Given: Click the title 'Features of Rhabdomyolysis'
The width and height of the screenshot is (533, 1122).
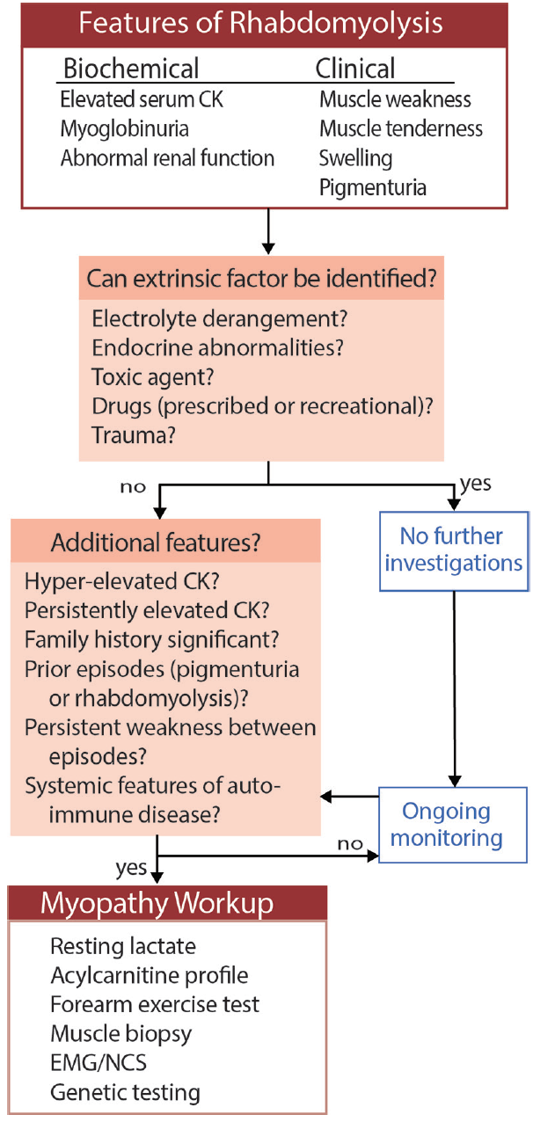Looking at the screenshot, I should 264,22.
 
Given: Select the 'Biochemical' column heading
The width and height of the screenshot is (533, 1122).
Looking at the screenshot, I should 131,69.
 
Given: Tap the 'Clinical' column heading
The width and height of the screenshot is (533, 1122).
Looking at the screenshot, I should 356,69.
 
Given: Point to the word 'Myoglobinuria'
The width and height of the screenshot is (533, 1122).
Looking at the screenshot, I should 124,128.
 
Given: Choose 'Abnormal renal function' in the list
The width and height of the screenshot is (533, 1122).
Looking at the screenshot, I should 167,158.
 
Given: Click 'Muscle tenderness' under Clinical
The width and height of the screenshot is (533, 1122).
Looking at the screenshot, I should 401,128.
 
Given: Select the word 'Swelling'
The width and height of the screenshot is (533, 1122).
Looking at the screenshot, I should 355,158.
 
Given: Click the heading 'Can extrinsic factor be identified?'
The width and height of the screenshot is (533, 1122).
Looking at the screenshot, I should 262,282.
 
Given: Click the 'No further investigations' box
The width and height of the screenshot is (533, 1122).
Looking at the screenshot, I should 451,549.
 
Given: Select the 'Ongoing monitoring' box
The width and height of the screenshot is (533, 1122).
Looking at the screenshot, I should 451,824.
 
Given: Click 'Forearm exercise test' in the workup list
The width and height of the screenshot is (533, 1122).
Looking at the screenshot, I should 155,1003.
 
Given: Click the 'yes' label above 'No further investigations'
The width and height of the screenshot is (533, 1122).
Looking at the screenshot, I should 476,484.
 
